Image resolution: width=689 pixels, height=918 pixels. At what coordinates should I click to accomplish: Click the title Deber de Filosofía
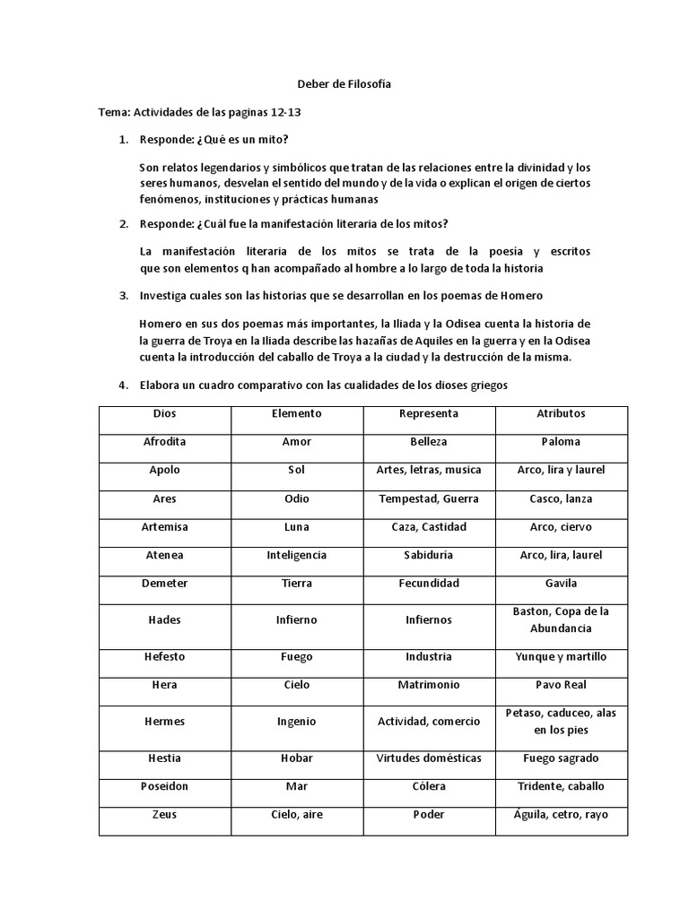click(x=344, y=84)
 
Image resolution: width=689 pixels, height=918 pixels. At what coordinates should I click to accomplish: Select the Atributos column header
click(x=562, y=413)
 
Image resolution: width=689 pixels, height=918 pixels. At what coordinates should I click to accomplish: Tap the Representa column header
click(x=429, y=413)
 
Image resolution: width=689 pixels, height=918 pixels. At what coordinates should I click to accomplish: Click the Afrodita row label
click(x=165, y=442)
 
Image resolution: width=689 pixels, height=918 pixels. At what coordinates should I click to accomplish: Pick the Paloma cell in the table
click(x=562, y=442)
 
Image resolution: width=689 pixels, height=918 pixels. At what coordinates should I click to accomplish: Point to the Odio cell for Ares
click(x=297, y=498)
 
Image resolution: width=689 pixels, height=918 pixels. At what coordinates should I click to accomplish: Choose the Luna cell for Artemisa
click(x=297, y=527)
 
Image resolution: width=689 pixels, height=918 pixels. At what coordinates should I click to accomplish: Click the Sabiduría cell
click(x=429, y=555)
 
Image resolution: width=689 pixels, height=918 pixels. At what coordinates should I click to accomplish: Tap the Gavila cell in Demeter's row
click(x=562, y=584)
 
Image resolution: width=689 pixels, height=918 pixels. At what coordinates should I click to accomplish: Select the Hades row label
click(x=165, y=619)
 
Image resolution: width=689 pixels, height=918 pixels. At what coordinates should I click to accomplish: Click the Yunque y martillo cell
click(x=562, y=656)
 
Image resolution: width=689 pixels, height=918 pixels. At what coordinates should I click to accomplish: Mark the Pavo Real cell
click(x=562, y=685)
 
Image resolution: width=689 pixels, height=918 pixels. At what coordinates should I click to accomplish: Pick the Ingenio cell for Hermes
click(x=297, y=721)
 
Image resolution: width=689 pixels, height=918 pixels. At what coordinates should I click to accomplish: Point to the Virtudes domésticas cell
click(x=429, y=758)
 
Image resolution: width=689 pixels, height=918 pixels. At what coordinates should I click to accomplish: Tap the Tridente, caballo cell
click(x=562, y=786)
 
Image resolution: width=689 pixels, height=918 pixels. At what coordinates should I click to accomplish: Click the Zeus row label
click(x=165, y=815)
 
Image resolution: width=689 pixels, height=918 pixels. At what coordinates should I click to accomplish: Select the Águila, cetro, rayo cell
click(x=562, y=815)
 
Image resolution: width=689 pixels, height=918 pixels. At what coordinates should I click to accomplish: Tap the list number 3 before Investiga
click(x=124, y=296)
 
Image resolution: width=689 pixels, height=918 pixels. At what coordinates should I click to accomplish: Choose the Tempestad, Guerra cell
click(x=429, y=498)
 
